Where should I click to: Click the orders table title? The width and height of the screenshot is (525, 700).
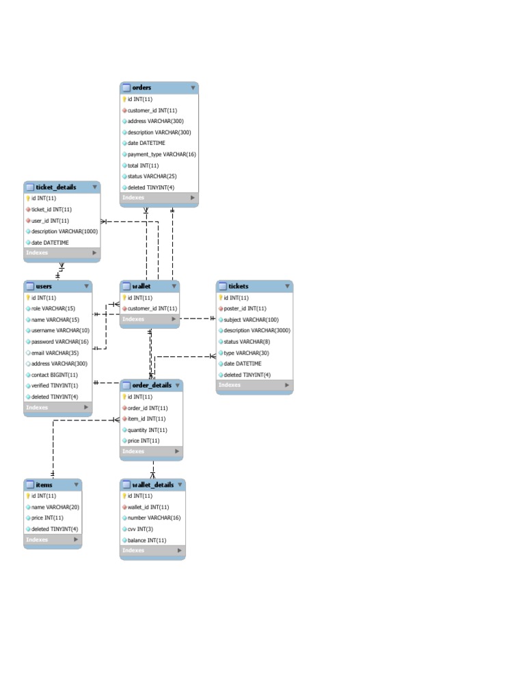[x=142, y=87]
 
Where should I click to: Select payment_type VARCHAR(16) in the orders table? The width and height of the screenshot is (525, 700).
[x=161, y=154]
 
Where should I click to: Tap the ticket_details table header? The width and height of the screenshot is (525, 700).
[x=55, y=187]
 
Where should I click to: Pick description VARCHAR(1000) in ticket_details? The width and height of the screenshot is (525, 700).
[x=64, y=231]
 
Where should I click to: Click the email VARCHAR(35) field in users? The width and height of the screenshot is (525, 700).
[x=55, y=353]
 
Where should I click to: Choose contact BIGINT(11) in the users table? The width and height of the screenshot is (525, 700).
[x=54, y=375]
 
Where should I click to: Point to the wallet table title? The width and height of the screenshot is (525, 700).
[x=142, y=286]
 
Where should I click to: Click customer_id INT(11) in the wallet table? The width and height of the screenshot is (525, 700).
[x=152, y=308]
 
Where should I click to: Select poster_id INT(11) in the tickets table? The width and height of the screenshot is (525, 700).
[x=245, y=308]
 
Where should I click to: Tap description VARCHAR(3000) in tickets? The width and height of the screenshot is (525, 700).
[x=256, y=331]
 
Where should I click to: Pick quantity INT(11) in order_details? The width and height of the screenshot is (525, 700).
[x=147, y=430]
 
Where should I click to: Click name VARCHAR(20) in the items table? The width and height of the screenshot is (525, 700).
[x=55, y=507]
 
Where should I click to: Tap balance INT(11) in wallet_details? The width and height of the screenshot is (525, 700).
[x=146, y=540]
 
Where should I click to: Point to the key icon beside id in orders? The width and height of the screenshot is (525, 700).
[x=124, y=99]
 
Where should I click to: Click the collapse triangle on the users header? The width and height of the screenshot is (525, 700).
[x=86, y=286]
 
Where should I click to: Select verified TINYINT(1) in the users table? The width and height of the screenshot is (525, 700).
[x=55, y=386]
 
